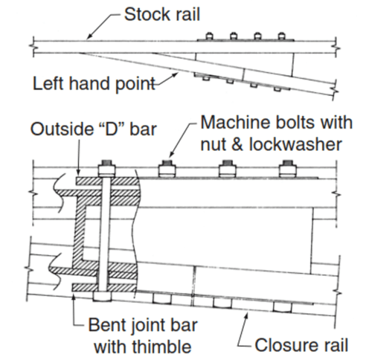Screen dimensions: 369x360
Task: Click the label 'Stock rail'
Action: point(162,14)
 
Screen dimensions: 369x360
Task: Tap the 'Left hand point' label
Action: point(94,83)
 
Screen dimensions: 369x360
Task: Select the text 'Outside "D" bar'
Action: point(94,129)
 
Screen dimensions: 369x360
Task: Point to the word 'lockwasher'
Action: point(295,144)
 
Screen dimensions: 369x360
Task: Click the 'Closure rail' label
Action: point(301,345)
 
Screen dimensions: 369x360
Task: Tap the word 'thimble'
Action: point(159,347)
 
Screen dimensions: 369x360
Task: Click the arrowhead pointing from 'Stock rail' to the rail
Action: point(89,37)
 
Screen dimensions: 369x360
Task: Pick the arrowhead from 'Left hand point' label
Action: point(176,74)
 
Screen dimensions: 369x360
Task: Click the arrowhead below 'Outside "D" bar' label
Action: point(78,172)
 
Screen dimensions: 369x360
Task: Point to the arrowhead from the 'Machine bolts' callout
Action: point(171,154)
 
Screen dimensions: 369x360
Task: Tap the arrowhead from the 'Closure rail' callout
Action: point(246,315)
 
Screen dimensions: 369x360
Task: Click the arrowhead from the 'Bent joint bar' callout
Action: point(74,295)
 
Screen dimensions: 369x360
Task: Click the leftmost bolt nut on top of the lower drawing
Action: point(107,169)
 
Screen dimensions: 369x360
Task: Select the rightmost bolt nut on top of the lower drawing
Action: point(287,169)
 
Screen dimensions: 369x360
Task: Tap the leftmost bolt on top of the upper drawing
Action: point(209,36)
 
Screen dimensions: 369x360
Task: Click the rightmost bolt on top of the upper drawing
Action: point(281,36)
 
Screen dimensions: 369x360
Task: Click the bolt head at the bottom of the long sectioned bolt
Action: point(102,296)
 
